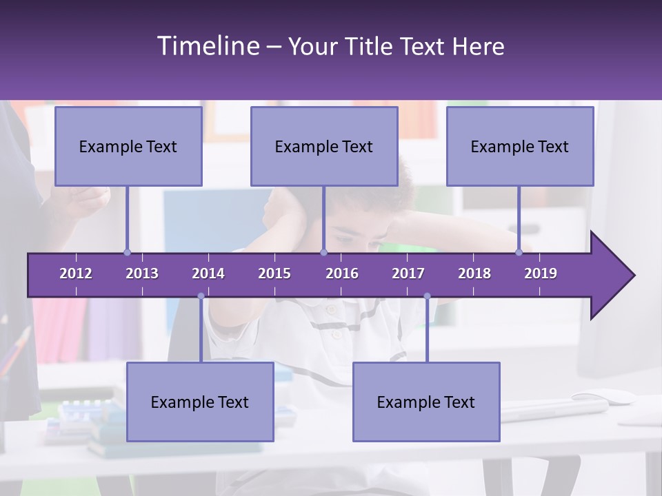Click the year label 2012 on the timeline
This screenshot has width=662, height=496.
pyautogui.click(x=76, y=273)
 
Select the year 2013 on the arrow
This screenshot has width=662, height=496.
pyautogui.click(x=142, y=273)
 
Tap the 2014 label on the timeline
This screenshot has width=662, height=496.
pyautogui.click(x=208, y=273)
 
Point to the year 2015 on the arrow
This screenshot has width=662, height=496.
pyautogui.click(x=274, y=273)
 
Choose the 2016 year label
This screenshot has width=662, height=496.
pyautogui.click(x=342, y=273)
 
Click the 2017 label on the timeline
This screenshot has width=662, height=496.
pyautogui.click(x=408, y=273)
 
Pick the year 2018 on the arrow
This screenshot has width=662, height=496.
pyautogui.click(x=474, y=273)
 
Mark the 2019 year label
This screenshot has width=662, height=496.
pyautogui.click(x=541, y=273)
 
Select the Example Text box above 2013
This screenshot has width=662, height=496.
pyautogui.click(x=128, y=147)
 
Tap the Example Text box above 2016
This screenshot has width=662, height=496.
pyautogui.click(x=324, y=147)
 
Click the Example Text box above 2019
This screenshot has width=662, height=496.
pyautogui.click(x=520, y=147)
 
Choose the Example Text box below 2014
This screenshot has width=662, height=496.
pyautogui.click(x=200, y=402)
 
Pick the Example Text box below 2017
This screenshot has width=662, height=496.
pyautogui.click(x=426, y=402)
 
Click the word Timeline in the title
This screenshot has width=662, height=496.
pyautogui.click(x=208, y=46)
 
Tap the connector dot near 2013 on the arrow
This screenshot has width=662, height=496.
pyautogui.click(x=127, y=252)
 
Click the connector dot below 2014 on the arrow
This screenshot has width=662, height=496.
pyautogui.click(x=201, y=296)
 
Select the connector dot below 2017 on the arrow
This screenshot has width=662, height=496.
pyautogui.click(x=427, y=296)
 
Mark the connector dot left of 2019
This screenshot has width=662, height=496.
pyautogui.click(x=519, y=252)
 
